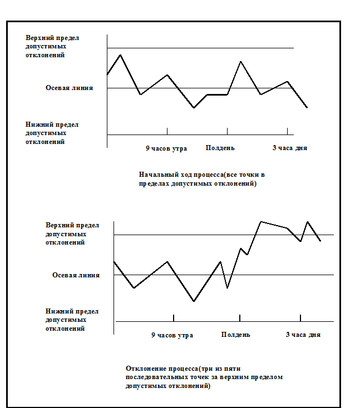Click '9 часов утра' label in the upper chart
[x=166, y=148]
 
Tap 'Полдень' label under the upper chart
[x=220, y=148]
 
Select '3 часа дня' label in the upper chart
[x=289, y=148]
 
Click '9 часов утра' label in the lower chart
[x=172, y=335]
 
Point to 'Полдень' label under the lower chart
[x=235, y=335]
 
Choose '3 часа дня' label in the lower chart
[x=303, y=335]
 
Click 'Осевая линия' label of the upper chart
[x=69, y=88]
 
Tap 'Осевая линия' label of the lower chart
[x=76, y=275]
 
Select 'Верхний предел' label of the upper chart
[x=52, y=38]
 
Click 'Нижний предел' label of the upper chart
[x=52, y=125]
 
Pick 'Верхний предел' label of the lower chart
[x=72, y=225]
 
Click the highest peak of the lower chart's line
[x=261, y=222]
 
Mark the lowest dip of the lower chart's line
[x=194, y=301]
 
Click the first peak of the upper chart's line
[x=121, y=55]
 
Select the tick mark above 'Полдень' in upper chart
[x=227, y=131]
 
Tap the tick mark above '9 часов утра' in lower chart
[x=174, y=318]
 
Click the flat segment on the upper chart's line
[x=217, y=94]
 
